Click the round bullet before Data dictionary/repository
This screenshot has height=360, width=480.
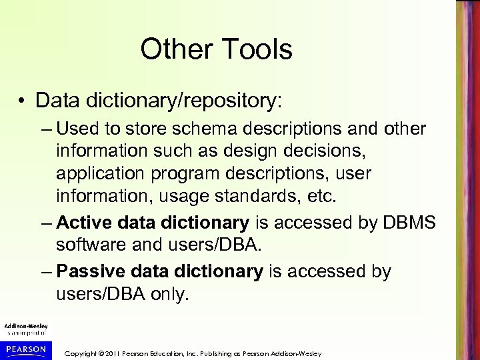point(23,101)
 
